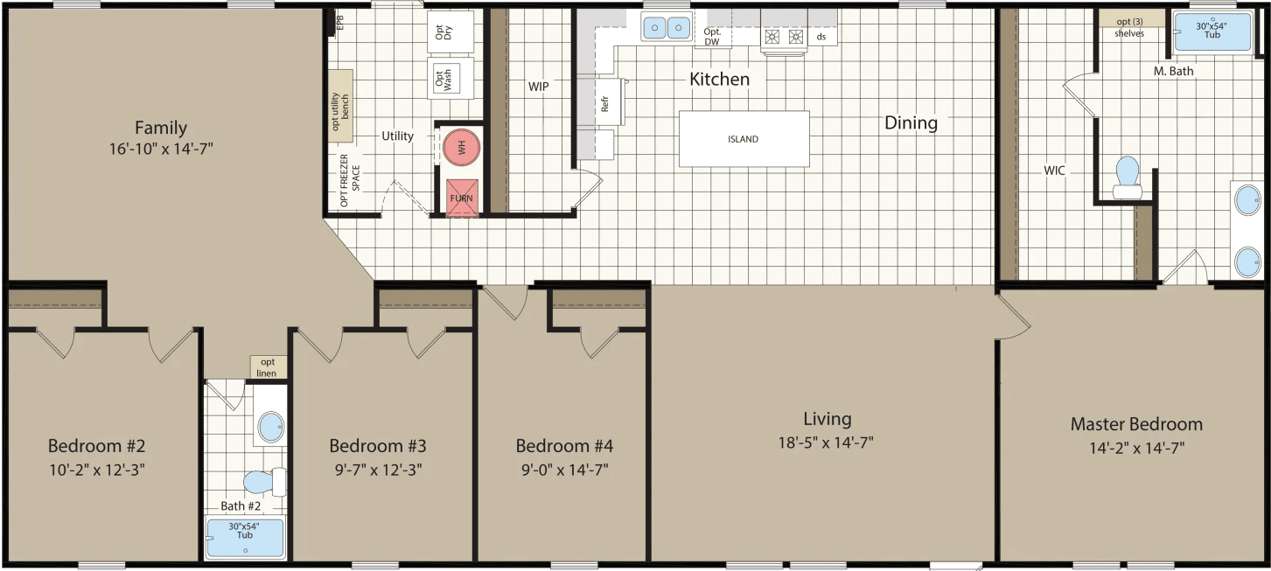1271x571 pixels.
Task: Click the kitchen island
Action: [x=744, y=139]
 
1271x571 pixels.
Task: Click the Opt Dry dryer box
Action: [x=450, y=31]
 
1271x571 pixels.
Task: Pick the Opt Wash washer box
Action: [x=450, y=79]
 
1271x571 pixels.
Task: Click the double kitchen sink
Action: [x=666, y=28]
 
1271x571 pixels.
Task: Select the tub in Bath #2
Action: [x=245, y=538]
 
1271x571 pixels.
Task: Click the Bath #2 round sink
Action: [x=271, y=428]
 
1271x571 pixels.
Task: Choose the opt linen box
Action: [x=268, y=367]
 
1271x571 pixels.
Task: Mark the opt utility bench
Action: [x=341, y=106]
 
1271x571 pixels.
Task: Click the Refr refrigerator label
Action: [x=604, y=103]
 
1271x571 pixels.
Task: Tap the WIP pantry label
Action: [x=538, y=87]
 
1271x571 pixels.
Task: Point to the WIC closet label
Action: [x=1054, y=171]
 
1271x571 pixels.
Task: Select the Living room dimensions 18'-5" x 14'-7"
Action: [x=827, y=442]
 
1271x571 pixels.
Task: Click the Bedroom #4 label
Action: [x=564, y=446]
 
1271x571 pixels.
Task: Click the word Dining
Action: [x=911, y=122]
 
